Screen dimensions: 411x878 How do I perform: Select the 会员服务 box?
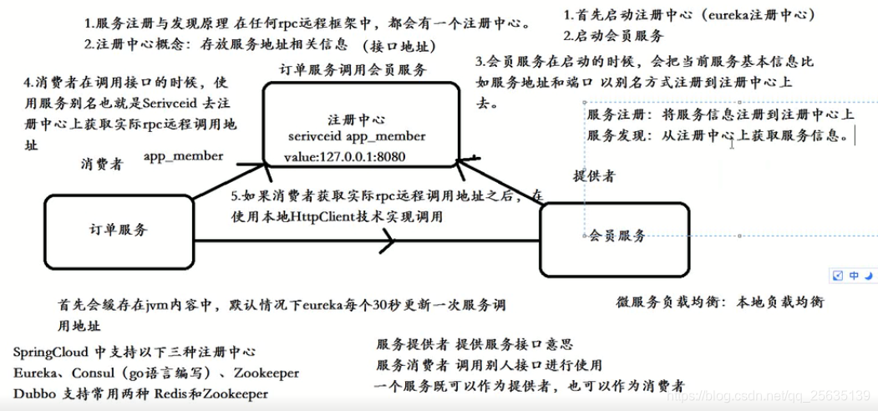617,236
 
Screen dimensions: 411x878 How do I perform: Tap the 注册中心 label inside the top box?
358,119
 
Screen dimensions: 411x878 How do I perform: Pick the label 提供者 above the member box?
594,176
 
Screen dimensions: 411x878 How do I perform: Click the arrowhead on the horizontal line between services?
386,243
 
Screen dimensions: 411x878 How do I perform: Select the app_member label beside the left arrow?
183,156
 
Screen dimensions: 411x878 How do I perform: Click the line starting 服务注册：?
719,114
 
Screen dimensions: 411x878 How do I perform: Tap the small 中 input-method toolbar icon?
854,275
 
